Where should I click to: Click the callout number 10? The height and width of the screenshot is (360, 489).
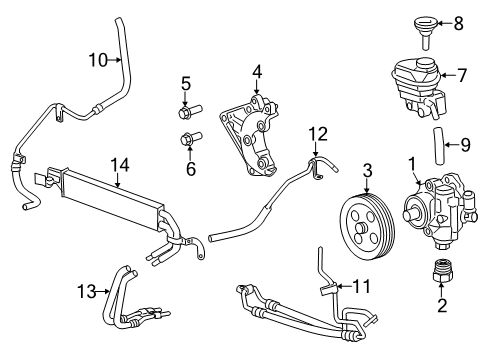(x=96, y=59)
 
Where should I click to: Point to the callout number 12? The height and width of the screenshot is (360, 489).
(x=317, y=132)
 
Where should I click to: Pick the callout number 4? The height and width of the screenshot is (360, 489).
(x=257, y=71)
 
